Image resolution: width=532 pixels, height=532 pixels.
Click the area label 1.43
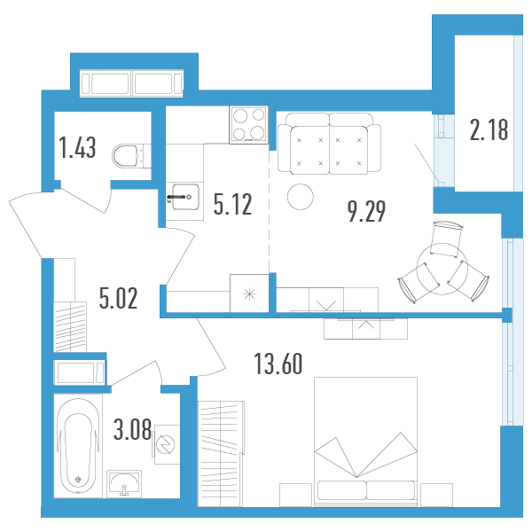click(77, 147)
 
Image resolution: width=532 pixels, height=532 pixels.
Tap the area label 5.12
click(232, 204)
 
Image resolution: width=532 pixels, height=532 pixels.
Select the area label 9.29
click(366, 211)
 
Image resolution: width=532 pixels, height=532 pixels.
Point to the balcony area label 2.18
click(489, 130)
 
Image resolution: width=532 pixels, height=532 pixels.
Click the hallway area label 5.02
click(119, 298)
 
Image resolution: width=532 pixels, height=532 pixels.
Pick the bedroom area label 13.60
click(278, 364)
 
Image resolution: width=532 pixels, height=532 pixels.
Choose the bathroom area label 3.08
click(132, 429)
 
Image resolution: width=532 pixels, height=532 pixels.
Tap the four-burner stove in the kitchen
click(248, 125)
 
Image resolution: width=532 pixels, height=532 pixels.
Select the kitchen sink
click(185, 197)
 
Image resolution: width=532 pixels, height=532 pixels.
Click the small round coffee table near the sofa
click(301, 197)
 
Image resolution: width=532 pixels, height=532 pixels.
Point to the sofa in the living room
click(329, 144)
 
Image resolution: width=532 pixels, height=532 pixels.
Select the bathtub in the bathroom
click(78, 446)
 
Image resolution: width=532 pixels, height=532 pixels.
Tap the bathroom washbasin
click(124, 484)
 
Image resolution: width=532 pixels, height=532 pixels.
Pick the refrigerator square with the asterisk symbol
click(249, 293)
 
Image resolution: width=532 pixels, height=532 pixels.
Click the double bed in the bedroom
click(365, 442)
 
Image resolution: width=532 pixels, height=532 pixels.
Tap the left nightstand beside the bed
click(295, 495)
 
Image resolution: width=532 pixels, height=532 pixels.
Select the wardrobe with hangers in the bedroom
click(221, 454)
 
